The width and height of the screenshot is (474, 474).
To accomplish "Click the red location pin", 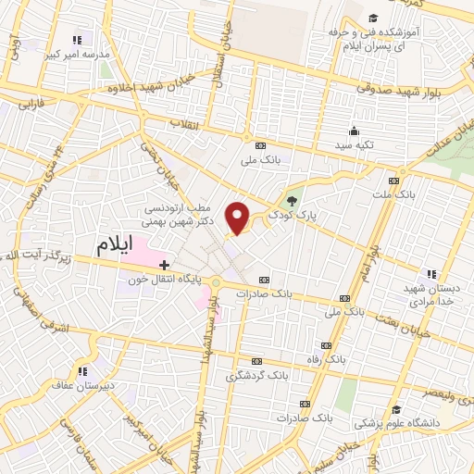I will click(239, 218).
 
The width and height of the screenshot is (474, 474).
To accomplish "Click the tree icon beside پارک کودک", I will click(293, 199).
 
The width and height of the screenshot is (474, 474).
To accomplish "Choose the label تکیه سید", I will click(354, 147).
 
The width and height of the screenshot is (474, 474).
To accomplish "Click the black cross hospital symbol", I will click(165, 265).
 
